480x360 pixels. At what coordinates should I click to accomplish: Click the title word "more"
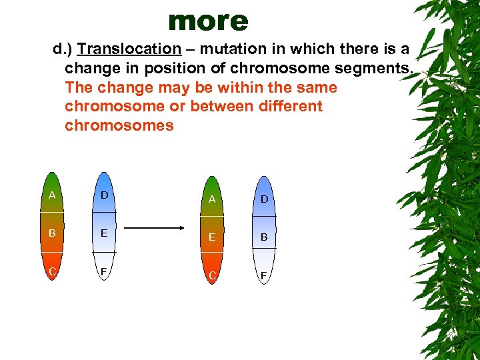point(208,21)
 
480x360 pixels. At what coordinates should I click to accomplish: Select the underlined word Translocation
point(129,49)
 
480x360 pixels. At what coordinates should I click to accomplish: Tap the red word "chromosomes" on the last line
point(119,125)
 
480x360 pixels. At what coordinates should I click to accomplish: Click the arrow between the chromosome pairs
point(155,228)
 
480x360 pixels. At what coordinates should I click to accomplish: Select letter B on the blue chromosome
point(264,237)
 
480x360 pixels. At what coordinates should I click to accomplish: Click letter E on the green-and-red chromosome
point(211,237)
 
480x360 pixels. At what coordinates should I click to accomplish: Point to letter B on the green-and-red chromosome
point(51,233)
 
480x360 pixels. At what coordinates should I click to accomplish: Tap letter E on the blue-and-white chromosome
point(103,233)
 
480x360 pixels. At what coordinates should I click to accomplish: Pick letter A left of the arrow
point(51,195)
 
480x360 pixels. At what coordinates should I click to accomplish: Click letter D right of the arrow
point(264,199)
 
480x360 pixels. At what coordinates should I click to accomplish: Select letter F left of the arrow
point(103,273)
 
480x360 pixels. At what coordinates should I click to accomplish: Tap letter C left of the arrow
point(51,271)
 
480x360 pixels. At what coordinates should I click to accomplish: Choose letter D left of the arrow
point(103,195)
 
